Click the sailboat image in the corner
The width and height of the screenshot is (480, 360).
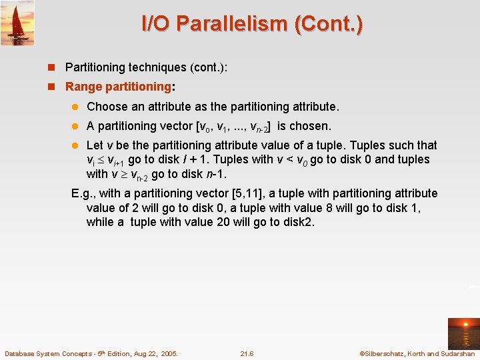17,23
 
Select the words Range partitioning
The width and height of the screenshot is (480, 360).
118,87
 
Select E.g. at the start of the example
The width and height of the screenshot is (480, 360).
83,193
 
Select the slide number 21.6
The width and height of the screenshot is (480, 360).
247,354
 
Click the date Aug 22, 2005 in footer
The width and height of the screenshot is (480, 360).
154,354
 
